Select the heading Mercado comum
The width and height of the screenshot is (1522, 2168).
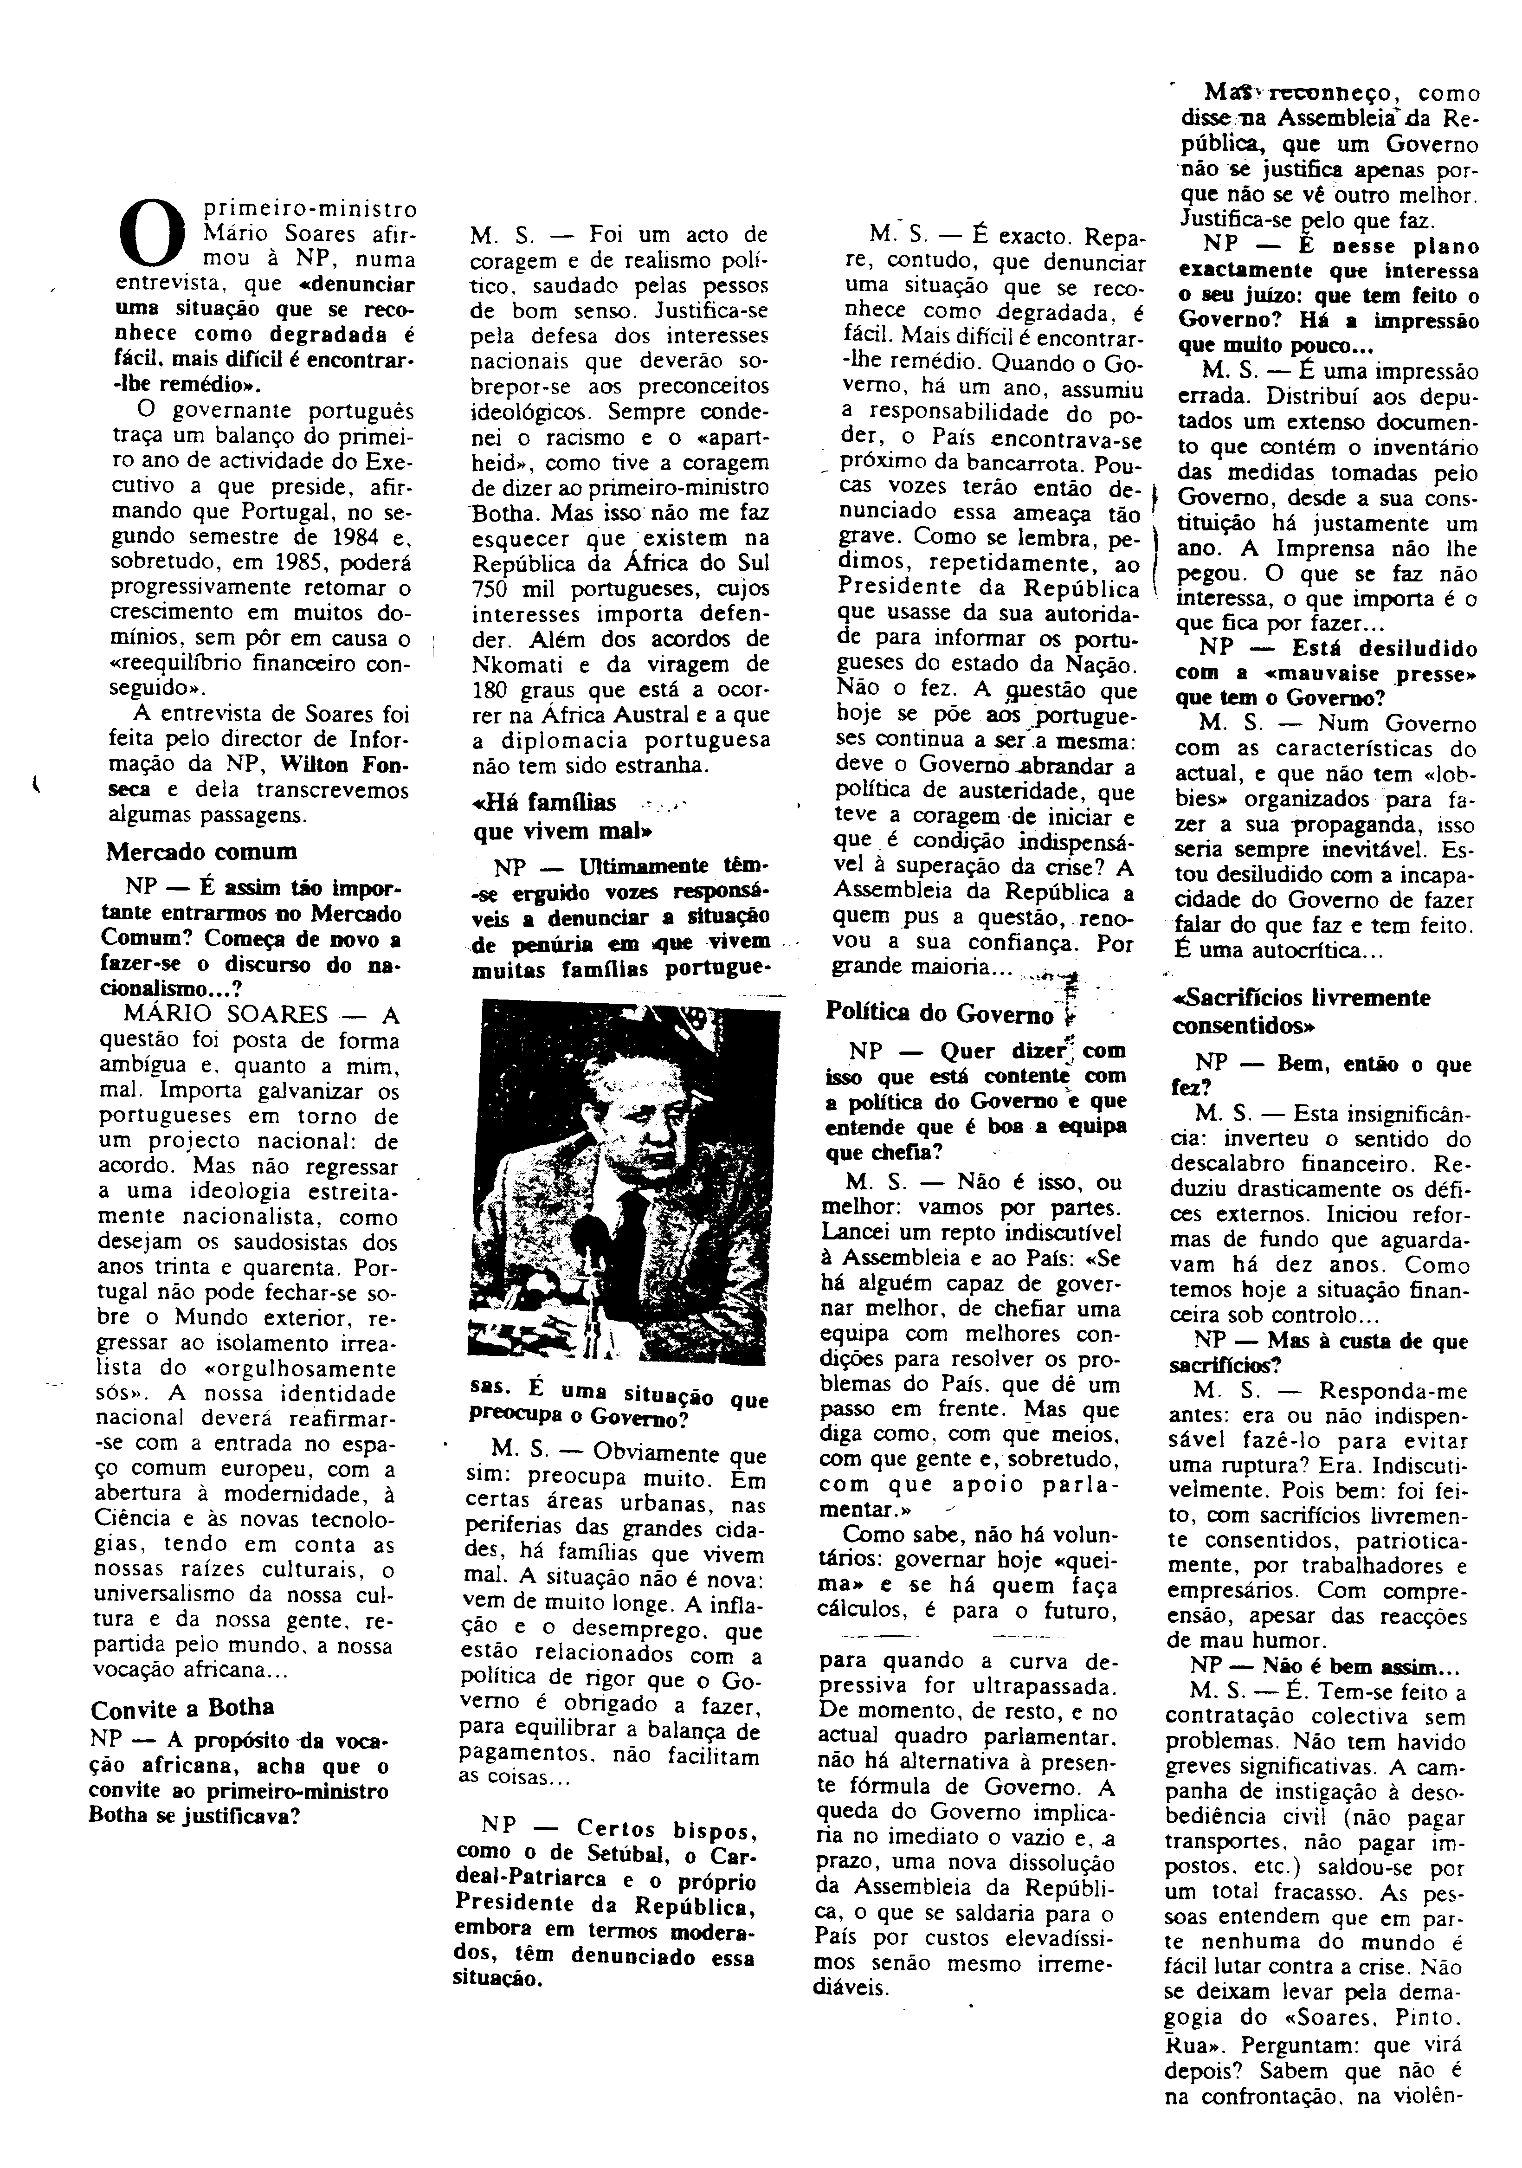point(201,851)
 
